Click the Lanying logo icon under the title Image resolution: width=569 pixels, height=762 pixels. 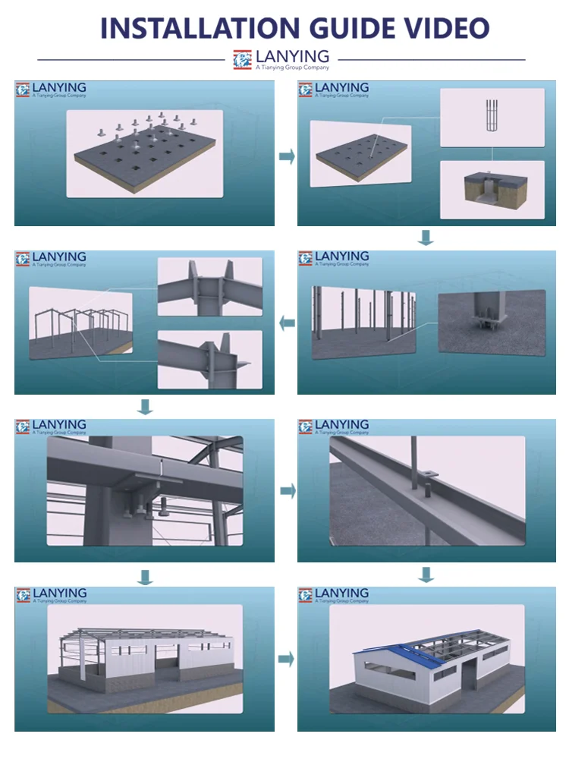[243, 60]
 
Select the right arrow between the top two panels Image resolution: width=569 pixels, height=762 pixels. [288, 156]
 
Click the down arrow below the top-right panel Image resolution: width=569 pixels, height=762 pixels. [426, 238]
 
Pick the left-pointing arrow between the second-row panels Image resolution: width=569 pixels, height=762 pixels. [288, 323]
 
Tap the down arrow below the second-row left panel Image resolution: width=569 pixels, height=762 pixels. [145, 407]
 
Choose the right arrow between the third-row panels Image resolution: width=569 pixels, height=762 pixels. [288, 490]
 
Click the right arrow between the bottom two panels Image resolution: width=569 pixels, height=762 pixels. [286, 659]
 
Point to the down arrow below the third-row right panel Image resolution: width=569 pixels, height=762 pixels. [426, 575]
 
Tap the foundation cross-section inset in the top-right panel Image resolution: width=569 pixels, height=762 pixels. [492, 190]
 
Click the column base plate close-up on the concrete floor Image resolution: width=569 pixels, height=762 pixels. [492, 322]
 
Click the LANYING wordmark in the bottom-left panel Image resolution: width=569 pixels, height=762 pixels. [60, 593]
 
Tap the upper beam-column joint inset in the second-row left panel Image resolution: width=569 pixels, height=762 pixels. [210, 287]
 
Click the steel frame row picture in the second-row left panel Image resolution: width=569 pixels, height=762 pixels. [80, 323]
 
